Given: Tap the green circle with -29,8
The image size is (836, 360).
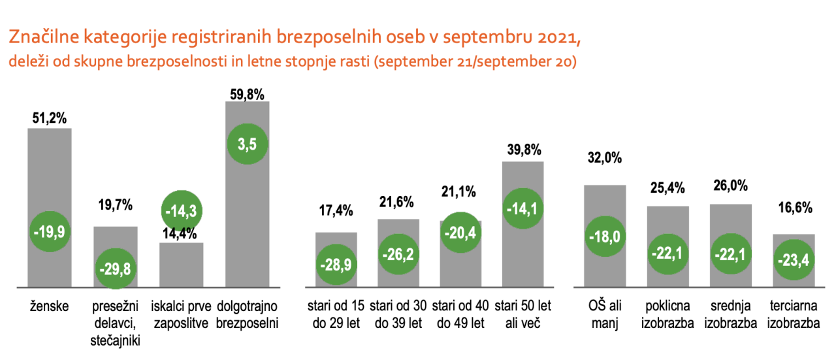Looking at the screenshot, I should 116,269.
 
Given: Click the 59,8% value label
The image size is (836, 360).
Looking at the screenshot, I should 247,93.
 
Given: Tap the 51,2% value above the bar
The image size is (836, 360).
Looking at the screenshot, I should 50,120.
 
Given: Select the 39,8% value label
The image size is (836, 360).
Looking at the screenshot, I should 524,150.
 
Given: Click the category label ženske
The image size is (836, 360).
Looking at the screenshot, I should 50,305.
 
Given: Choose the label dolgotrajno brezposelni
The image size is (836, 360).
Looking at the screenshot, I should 248,314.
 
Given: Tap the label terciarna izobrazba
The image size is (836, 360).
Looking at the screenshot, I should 794,314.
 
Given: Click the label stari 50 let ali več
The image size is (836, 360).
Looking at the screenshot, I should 523,314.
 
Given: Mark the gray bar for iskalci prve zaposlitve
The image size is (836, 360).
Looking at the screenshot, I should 181,268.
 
